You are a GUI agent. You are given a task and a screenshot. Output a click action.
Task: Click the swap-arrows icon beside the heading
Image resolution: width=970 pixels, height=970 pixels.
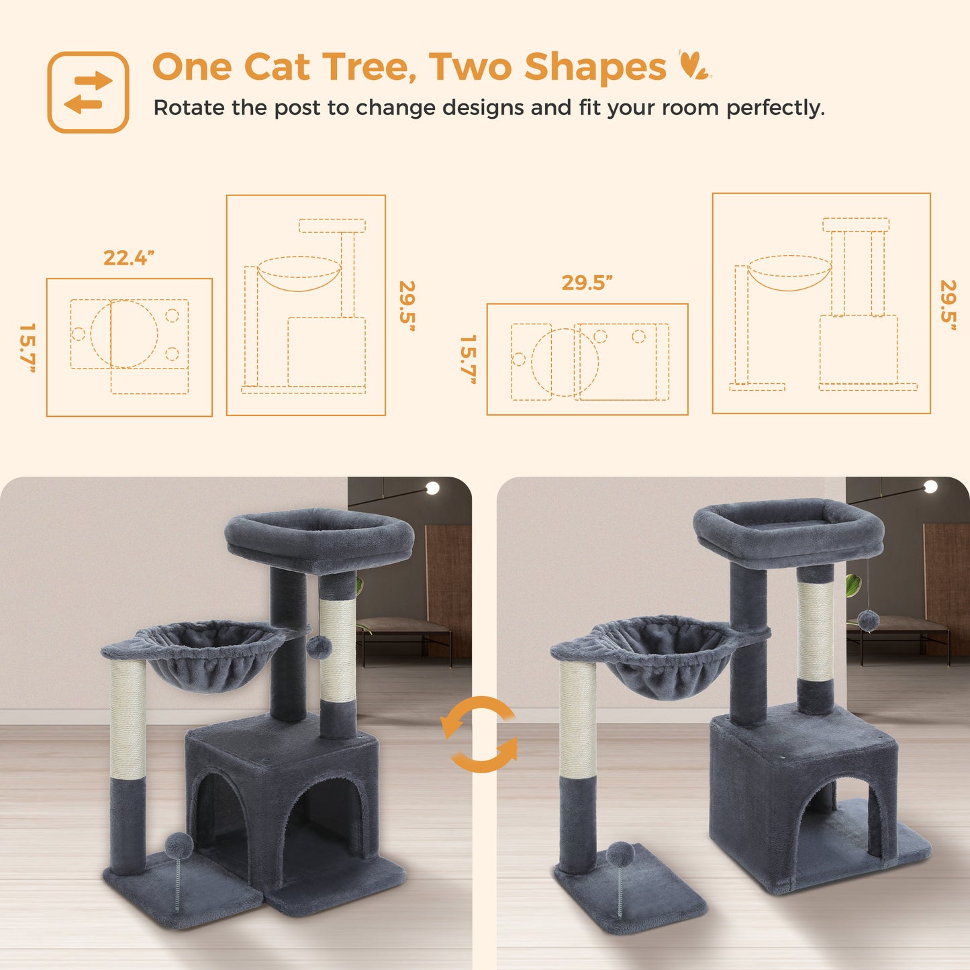click(88, 93)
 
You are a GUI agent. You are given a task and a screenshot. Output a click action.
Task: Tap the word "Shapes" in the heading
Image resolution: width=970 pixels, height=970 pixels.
click(595, 67)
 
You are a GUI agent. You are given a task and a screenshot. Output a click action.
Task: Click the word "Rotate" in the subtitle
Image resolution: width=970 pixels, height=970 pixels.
click(189, 107)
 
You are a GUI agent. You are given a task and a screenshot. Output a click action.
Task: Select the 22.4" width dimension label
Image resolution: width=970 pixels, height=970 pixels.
click(129, 258)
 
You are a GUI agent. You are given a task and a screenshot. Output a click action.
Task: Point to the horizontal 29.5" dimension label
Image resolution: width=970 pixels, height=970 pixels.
click(587, 283)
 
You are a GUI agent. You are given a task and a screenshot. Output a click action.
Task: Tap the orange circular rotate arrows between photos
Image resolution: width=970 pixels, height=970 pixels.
click(479, 734)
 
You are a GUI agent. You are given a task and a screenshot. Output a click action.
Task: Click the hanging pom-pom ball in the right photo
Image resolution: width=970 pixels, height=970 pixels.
click(868, 621)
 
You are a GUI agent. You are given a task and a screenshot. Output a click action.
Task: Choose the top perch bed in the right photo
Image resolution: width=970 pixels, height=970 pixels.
click(788, 529)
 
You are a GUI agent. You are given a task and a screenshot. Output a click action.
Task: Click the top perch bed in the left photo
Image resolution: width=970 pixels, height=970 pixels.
click(320, 540)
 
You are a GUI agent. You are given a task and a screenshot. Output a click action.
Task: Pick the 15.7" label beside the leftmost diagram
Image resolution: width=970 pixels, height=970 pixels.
click(27, 348)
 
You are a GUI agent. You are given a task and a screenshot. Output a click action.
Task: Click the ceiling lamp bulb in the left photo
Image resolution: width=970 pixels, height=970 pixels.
click(432, 488)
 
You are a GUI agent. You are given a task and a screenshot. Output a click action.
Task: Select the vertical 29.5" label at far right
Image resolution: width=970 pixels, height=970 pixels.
click(949, 306)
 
